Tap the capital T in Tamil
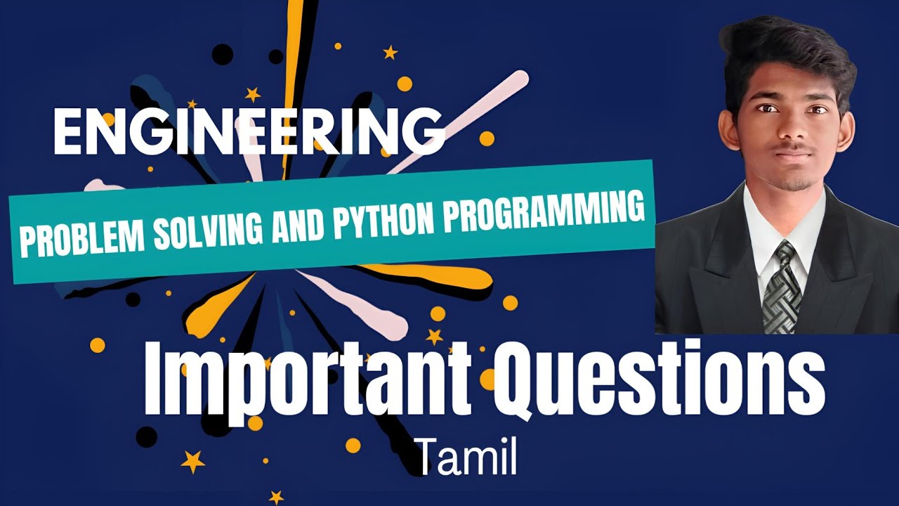pos(428,458)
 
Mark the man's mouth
pos(792,155)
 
